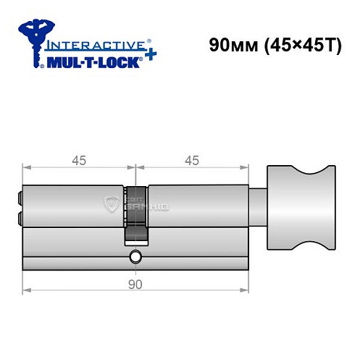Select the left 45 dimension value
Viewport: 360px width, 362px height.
pyautogui.click(x=78, y=161)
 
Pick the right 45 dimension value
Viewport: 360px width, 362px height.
pyautogui.click(x=192, y=161)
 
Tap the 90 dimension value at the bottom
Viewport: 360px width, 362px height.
pyautogui.click(x=135, y=285)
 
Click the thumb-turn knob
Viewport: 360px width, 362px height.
pyautogui.click(x=302, y=206)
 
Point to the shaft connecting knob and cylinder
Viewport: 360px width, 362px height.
pyautogui.click(x=257, y=206)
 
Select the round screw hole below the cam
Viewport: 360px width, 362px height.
pyautogui.click(x=135, y=257)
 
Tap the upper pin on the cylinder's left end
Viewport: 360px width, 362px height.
pyautogui.click(x=18, y=195)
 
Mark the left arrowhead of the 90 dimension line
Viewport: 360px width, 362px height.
pyautogui.click(x=26, y=291)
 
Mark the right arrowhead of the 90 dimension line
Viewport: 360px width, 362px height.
pyautogui.click(x=245, y=291)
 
